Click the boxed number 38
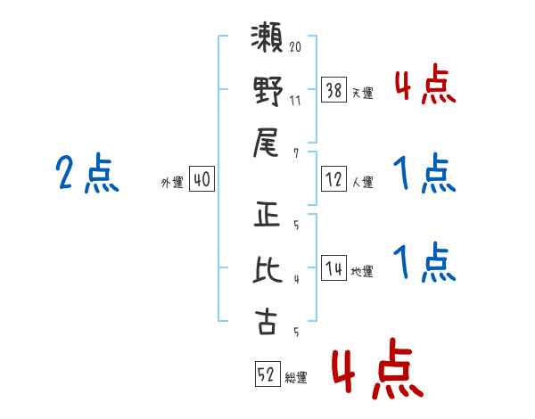(333, 89)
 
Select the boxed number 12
(333, 179)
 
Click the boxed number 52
(266, 374)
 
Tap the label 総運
(296, 378)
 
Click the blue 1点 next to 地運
(424, 262)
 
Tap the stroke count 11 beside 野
(296, 100)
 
